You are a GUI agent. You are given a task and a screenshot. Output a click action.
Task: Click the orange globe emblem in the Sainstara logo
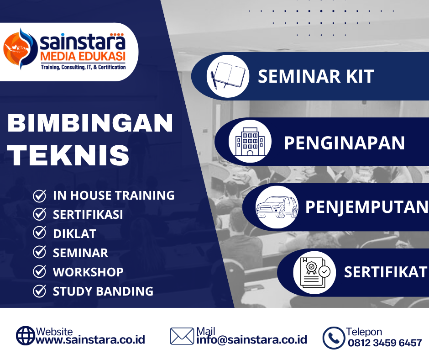tap(20, 49)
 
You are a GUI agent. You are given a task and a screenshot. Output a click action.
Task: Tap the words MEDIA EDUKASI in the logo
tap(83, 57)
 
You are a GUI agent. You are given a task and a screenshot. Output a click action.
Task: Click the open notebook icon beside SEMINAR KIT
tap(228, 76)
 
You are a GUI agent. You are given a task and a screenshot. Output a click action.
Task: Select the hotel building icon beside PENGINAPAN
tap(250, 141)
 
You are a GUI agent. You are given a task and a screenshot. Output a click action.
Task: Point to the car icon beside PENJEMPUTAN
tap(277, 207)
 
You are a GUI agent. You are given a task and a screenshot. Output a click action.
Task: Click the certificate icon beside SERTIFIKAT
tap(314, 272)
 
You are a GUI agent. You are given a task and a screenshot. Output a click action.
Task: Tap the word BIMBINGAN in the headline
tap(90, 123)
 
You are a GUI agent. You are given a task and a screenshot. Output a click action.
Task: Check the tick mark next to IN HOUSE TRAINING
tap(39, 196)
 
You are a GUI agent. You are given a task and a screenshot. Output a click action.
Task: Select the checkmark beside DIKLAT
tap(39, 233)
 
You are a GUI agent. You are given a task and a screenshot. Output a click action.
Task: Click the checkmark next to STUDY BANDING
tap(39, 291)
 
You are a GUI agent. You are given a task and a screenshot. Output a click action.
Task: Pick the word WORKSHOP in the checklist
tap(88, 272)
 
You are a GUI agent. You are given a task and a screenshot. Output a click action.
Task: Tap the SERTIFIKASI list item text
tap(88, 215)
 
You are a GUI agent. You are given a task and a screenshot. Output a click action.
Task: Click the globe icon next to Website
tap(26, 336)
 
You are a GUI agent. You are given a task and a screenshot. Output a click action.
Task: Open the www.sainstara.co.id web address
tap(90, 340)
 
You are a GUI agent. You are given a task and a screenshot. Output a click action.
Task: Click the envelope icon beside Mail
tap(182, 336)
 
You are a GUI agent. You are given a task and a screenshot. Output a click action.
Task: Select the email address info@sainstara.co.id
tap(252, 340)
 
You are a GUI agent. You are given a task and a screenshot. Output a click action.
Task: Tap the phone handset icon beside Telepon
tap(334, 338)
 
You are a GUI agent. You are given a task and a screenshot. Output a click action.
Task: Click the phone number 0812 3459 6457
tap(385, 343)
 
